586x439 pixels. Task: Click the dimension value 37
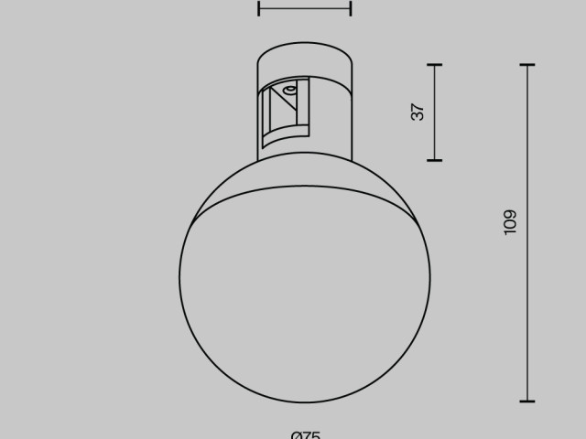(x=418, y=112)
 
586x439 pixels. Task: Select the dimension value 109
(x=510, y=222)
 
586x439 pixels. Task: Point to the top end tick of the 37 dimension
(x=434, y=65)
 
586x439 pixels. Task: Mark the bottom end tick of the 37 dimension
(x=434, y=160)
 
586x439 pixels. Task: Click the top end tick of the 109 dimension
(x=526, y=65)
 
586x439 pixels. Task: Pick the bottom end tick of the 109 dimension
(x=526, y=401)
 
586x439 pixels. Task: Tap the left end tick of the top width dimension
(x=259, y=7)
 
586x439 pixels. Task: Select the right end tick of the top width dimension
(x=351, y=7)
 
